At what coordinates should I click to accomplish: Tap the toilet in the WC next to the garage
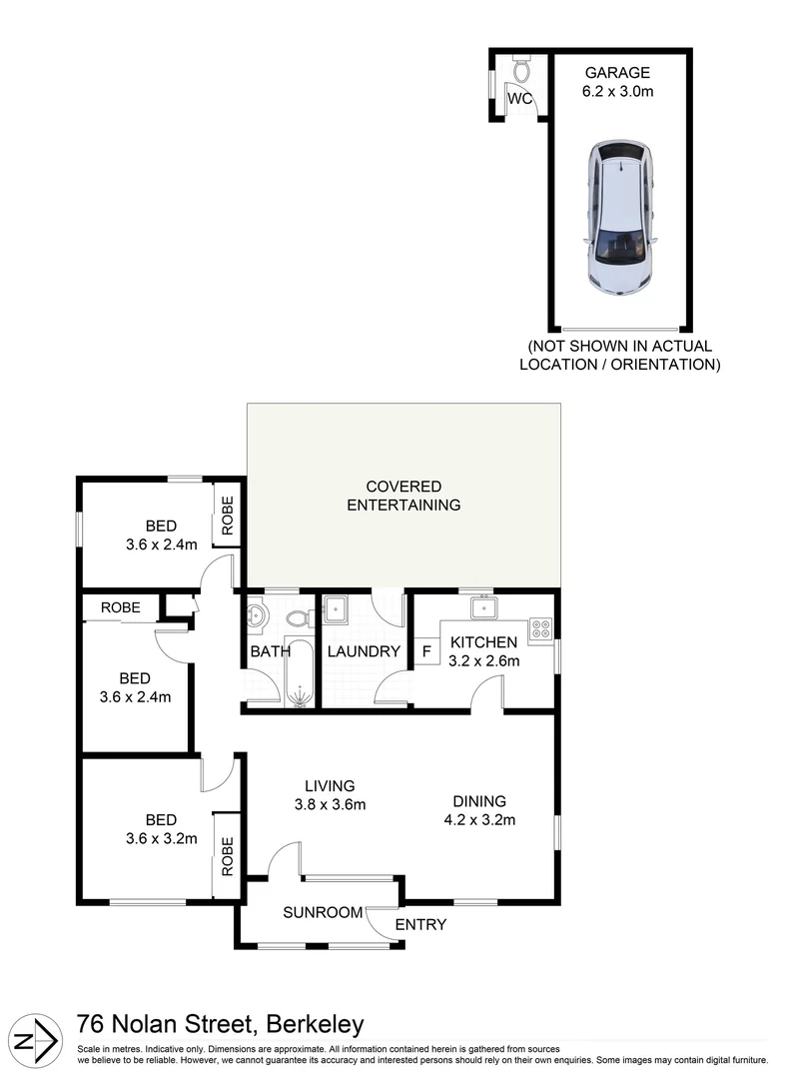[x=521, y=70]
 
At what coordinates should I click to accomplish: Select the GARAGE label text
[x=617, y=73]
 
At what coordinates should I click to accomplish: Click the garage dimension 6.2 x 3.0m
[x=617, y=92]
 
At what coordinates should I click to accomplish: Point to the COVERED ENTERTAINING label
[x=403, y=496]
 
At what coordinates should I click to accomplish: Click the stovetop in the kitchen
[x=540, y=628]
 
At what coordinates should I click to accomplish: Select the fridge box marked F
[x=426, y=651]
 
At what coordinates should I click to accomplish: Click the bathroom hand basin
[x=256, y=614]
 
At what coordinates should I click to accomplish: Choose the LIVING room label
[x=331, y=786]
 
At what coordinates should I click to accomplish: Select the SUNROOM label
[x=322, y=912]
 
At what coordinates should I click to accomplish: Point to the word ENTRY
[x=420, y=925]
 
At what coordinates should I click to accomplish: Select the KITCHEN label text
[x=483, y=642]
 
